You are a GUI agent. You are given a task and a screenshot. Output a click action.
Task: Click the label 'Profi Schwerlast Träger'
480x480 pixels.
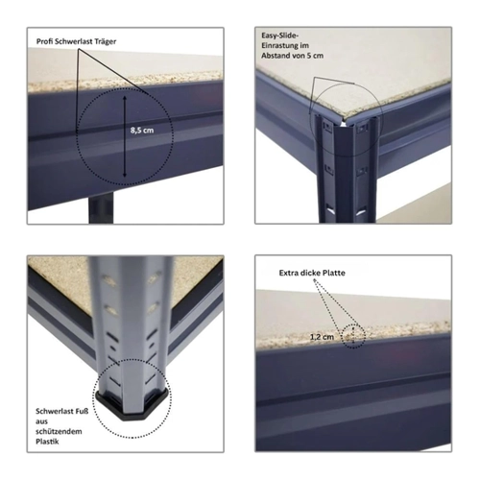pyautogui.click(x=76, y=41)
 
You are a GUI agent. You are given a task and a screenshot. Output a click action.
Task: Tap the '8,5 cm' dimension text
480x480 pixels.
pyautogui.click(x=142, y=131)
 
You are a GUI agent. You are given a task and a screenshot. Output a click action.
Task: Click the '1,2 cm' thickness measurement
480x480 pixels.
pyautogui.click(x=322, y=337)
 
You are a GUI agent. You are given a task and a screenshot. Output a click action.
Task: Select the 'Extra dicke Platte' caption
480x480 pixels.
pyautogui.click(x=312, y=273)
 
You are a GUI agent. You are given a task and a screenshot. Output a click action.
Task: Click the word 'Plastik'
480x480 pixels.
pyautogui.click(x=47, y=442)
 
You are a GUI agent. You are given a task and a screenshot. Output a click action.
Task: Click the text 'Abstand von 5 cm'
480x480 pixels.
pyautogui.click(x=293, y=56)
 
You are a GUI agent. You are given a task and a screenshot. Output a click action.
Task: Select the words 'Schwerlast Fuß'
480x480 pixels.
pyautogui.click(x=62, y=411)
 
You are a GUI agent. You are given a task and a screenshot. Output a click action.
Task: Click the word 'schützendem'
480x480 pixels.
pyautogui.click(x=59, y=432)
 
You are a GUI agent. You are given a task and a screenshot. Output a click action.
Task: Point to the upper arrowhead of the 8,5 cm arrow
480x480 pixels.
pyautogui.click(x=125, y=97)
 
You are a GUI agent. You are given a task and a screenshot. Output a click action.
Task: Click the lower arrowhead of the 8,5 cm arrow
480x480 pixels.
pyautogui.click(x=125, y=175)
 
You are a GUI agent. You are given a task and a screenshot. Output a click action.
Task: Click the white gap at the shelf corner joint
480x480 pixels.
pyautogui.click(x=343, y=123)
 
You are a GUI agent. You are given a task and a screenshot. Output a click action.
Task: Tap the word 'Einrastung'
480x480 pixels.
pyautogui.click(x=277, y=45)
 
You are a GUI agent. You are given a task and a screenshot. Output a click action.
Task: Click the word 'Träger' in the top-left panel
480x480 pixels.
pyautogui.click(x=106, y=41)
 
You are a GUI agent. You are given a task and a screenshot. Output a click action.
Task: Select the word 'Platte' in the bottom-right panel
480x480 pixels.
pyautogui.click(x=334, y=273)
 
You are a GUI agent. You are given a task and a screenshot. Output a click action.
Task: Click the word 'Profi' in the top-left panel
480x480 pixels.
pyautogui.click(x=44, y=41)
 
